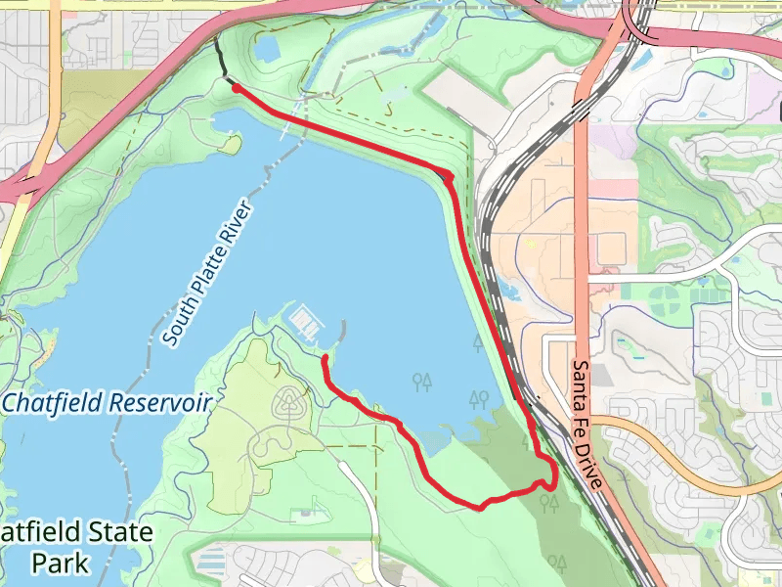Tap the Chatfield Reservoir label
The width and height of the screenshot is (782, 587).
107,402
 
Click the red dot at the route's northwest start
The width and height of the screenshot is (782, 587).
237,87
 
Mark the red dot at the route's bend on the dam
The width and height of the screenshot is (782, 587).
447,177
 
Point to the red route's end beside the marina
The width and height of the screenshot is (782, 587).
325,359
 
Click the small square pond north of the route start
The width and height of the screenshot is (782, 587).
267,46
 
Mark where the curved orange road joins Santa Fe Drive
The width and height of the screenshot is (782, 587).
595,420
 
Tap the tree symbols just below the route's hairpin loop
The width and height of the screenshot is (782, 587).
549,503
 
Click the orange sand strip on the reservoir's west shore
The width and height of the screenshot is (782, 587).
45,342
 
